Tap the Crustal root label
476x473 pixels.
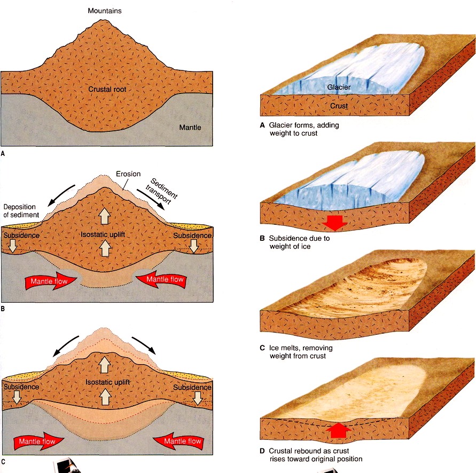107,90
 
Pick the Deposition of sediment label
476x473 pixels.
21,212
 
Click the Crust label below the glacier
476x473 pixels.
338,106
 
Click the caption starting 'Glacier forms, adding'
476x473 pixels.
302,129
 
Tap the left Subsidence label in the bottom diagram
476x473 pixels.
21,387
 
